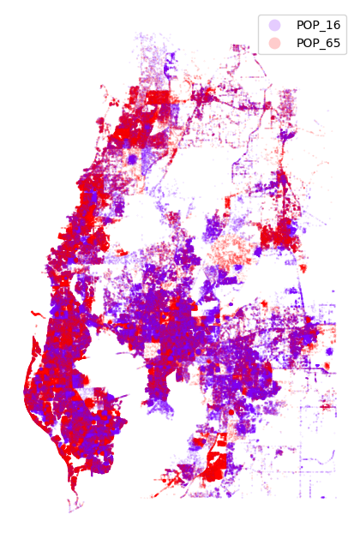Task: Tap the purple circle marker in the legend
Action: coord(273,25)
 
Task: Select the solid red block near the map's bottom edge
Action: coord(213,467)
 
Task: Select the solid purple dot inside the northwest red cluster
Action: coord(132,159)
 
